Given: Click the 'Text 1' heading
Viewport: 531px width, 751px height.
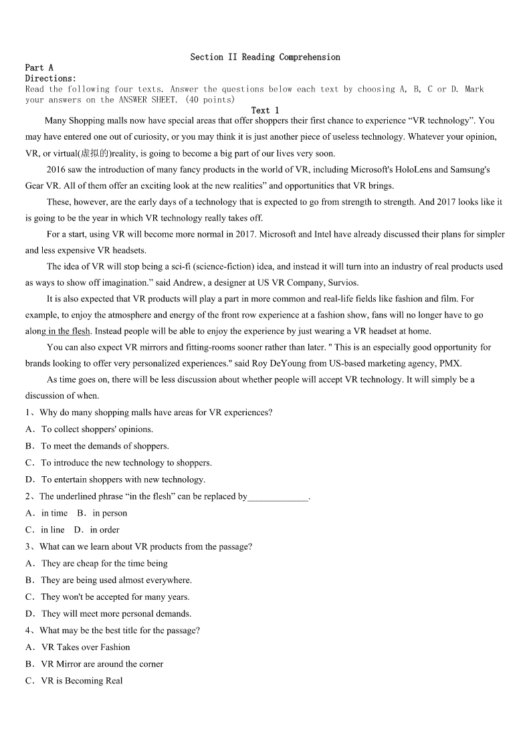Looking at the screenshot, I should (265, 110).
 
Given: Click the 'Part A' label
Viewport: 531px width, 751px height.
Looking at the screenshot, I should (39, 68).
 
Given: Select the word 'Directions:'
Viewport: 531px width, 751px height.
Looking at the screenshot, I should (51, 78).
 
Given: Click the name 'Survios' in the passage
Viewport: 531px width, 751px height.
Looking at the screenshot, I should (344, 282).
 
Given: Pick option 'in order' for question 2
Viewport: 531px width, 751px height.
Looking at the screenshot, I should (104, 530).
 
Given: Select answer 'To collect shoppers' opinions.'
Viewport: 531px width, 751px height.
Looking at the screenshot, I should (97, 429).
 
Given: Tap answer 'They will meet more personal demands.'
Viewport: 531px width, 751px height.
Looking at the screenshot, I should (116, 614).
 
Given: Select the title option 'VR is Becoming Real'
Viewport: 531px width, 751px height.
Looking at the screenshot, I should (82, 681).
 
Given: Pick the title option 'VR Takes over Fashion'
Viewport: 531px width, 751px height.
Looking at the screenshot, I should (86, 647).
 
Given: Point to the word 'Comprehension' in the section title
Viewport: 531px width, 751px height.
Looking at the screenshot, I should (310, 58).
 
